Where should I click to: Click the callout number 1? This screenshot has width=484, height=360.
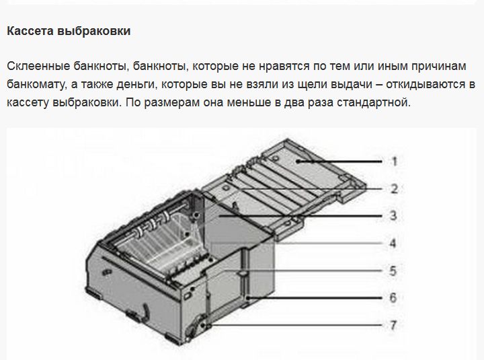(394, 161)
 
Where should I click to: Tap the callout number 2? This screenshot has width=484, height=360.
(394, 189)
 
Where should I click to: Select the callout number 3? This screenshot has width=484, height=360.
(393, 215)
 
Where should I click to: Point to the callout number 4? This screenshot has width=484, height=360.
(393, 243)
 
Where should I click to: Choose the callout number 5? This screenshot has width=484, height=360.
(393, 271)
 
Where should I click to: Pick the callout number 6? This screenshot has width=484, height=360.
(393, 297)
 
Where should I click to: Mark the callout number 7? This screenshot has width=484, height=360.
(393, 325)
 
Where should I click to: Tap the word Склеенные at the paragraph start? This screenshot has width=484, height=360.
(38, 66)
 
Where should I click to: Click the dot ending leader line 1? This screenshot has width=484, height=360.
(298, 161)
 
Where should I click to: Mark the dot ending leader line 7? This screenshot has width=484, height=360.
(203, 326)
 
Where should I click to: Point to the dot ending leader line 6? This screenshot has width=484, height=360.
(247, 298)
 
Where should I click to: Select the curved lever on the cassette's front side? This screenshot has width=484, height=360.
(146, 312)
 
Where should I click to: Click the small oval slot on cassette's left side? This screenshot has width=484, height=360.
(107, 273)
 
